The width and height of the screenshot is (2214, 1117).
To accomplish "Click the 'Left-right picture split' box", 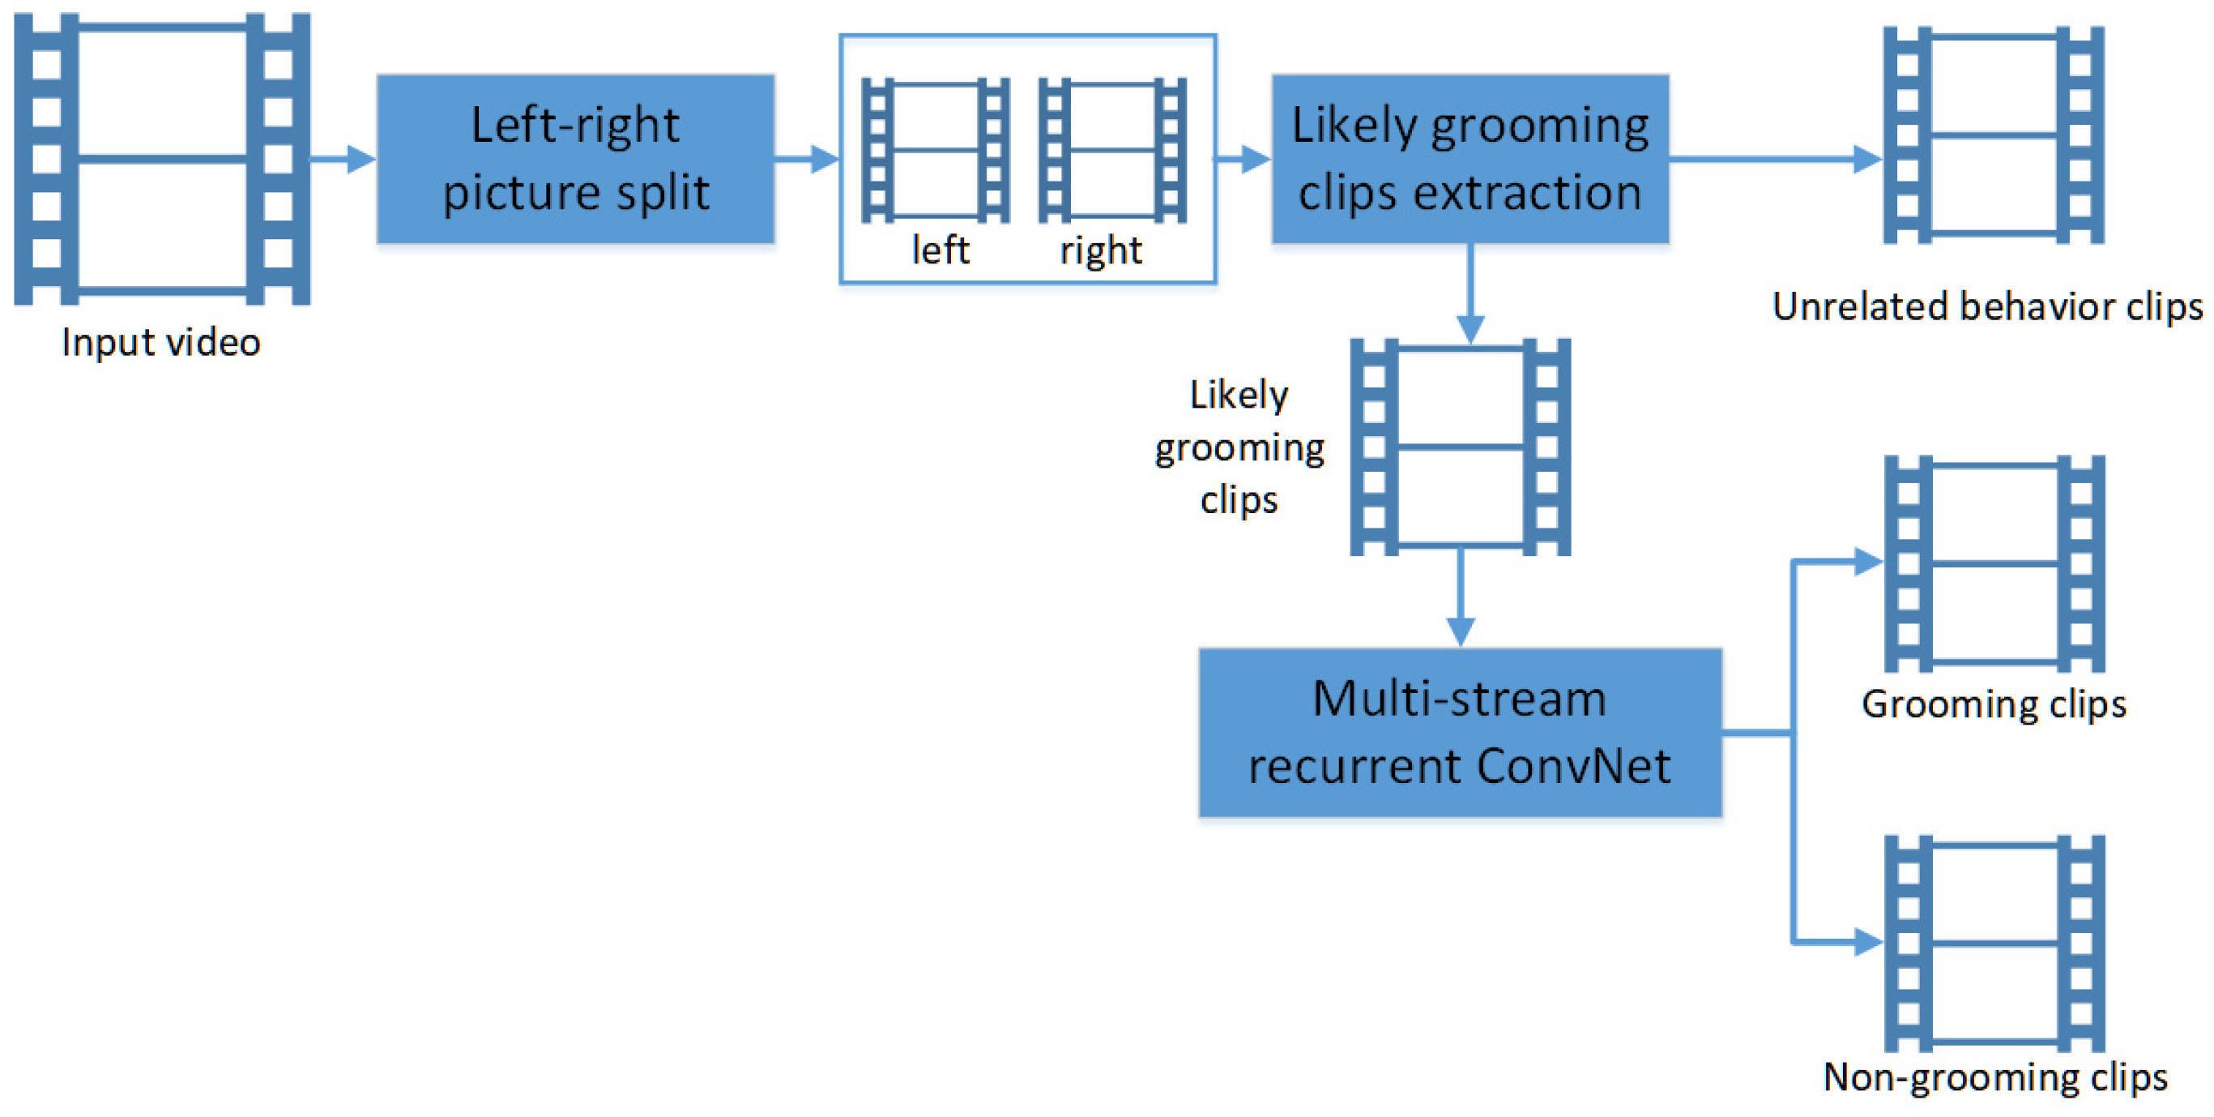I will (x=575, y=159).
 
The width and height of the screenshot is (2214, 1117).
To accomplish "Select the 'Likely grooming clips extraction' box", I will (x=1470, y=159).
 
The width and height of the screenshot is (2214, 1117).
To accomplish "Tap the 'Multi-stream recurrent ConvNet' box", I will (x=1459, y=732).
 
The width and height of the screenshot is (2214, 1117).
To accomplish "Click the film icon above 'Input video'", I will (x=161, y=159).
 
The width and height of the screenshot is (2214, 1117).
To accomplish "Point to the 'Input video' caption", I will (x=161, y=342).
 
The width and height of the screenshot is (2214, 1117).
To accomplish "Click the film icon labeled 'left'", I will (x=935, y=151).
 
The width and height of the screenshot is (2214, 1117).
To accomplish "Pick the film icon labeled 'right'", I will (x=1112, y=151).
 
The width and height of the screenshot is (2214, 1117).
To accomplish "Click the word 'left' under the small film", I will (x=941, y=250).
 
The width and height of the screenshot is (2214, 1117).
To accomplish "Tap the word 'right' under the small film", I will (x=1101, y=250).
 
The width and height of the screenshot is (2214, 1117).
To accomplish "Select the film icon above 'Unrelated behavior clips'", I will (x=1993, y=135).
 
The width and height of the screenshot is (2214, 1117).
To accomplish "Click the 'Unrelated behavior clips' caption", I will (x=1987, y=307).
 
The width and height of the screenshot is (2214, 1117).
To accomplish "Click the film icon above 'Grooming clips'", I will (x=1994, y=563).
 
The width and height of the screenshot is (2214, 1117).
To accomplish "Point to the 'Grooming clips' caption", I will (x=1994, y=704).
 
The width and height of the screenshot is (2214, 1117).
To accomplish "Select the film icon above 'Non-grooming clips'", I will (x=1994, y=944).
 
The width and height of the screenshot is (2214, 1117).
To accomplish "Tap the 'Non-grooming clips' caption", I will (x=1994, y=1076).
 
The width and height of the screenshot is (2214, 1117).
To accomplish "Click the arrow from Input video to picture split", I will (x=343, y=159).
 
